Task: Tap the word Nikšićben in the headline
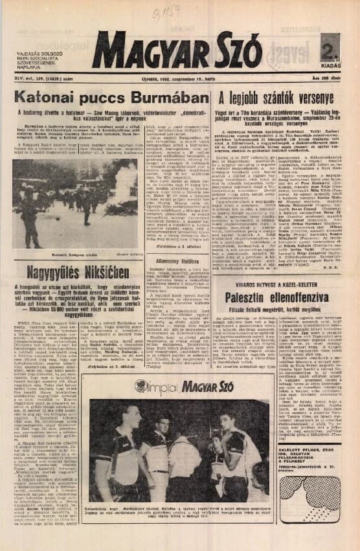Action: (x=127, y=268)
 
